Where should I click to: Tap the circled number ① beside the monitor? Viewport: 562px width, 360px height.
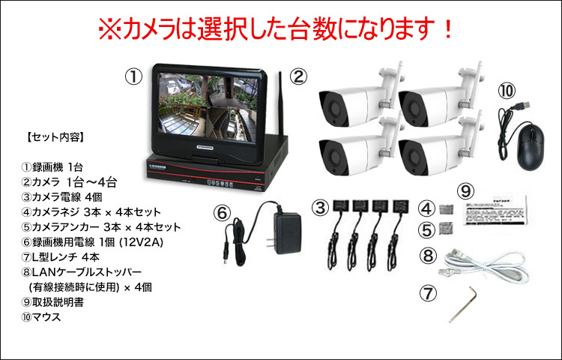(x=133, y=76)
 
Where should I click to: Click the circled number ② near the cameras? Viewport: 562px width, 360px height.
(x=298, y=76)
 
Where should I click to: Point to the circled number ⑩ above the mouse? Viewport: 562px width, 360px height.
(x=507, y=90)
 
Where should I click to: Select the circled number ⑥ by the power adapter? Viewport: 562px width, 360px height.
(x=222, y=212)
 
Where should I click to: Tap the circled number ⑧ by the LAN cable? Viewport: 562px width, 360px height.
(x=428, y=255)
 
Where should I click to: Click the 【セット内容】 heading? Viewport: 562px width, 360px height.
(x=53, y=137)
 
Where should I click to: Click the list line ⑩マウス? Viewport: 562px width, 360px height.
(x=42, y=316)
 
